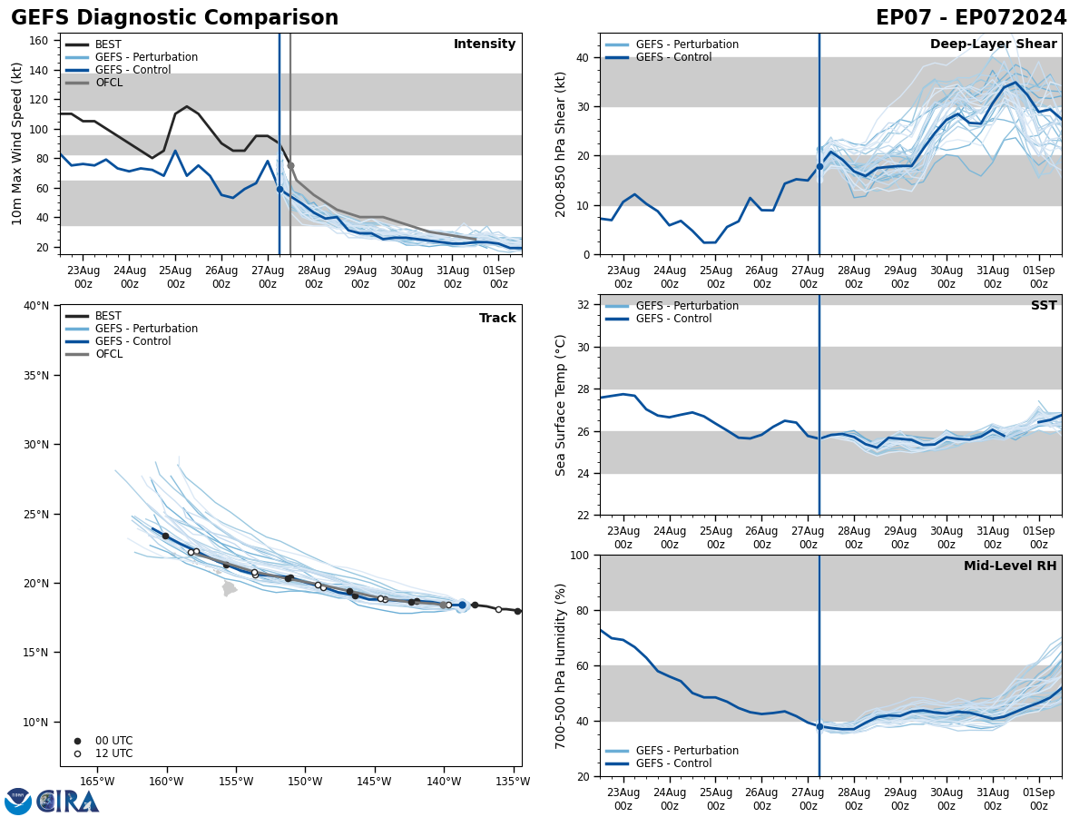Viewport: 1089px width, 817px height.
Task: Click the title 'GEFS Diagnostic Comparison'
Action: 174,18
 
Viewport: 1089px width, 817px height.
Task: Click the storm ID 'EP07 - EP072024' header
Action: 971,18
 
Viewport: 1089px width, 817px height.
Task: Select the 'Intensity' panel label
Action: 485,44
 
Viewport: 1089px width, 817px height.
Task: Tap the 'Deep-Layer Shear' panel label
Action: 993,44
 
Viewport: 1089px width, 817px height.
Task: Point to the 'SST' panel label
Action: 1044,306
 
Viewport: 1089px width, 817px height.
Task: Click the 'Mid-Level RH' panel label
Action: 1010,566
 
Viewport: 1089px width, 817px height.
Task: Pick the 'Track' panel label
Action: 497,319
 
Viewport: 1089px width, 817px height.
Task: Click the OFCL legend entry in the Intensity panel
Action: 108,83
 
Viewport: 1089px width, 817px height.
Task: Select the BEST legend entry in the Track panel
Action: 108,316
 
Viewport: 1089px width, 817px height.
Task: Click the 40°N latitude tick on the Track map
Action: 36,306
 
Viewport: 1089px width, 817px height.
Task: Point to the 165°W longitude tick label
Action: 97,782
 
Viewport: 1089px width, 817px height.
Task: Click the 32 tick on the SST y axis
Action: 583,305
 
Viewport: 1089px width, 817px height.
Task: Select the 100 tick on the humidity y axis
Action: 577,555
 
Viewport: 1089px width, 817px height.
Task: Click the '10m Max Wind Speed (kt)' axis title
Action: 17,143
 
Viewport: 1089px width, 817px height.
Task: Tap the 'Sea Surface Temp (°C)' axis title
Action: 562,405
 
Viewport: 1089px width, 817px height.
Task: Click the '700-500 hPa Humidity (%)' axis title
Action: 562,665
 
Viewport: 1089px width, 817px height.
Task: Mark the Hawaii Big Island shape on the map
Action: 229,588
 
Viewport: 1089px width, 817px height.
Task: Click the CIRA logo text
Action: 68,802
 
